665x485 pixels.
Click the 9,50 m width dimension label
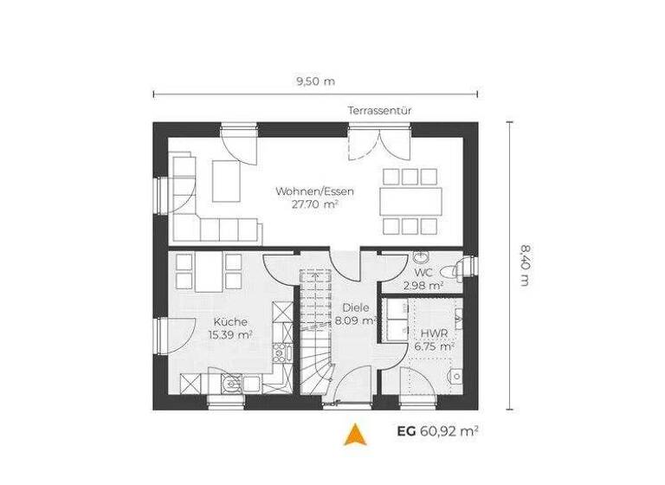[315, 81]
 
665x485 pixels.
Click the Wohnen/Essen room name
[314, 191]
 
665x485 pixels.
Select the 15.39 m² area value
[229, 333]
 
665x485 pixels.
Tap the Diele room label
[355, 307]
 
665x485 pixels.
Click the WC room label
[423, 271]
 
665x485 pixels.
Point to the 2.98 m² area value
[423, 284]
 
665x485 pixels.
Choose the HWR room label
[434, 333]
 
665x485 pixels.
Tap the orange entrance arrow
[352, 433]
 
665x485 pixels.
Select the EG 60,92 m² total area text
[438, 430]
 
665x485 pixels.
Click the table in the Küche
[209, 272]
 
